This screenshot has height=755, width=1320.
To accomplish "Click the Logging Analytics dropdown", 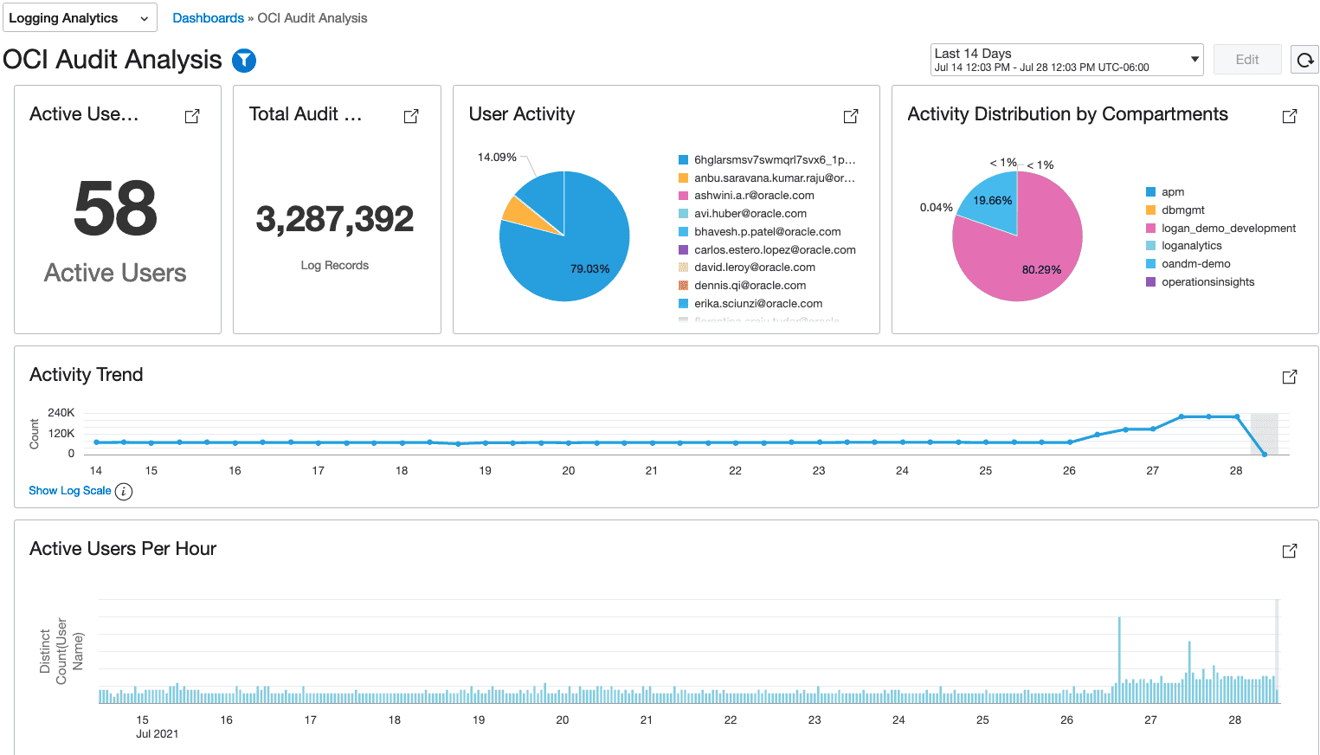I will (x=80, y=18).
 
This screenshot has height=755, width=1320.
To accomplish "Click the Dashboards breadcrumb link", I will (x=208, y=18).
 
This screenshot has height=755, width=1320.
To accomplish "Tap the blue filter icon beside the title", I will (x=244, y=60).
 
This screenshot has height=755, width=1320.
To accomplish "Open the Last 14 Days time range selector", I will (x=1066, y=60).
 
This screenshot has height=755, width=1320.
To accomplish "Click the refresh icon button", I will (x=1304, y=60).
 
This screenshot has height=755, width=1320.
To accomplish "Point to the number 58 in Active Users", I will (x=115, y=209).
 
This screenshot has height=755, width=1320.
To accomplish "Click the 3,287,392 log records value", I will (x=335, y=219).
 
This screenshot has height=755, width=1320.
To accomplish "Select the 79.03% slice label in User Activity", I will (x=589, y=269).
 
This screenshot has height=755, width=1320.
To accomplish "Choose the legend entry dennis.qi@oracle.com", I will (x=750, y=286).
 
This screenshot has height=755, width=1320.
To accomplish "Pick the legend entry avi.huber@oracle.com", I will (x=750, y=214).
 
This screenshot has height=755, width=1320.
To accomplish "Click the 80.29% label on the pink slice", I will (x=1041, y=270).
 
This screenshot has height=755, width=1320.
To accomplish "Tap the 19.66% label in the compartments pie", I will (x=992, y=201).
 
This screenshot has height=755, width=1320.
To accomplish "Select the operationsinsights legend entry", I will (x=1207, y=282).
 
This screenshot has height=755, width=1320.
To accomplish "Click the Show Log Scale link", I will (x=70, y=491).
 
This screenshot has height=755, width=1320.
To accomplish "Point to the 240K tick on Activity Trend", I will (x=61, y=413).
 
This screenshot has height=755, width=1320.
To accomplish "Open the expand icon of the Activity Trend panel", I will (x=1289, y=377).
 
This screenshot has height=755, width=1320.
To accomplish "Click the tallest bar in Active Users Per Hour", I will (x=1119, y=658).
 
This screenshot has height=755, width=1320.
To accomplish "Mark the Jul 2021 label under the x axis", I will (x=157, y=734).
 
